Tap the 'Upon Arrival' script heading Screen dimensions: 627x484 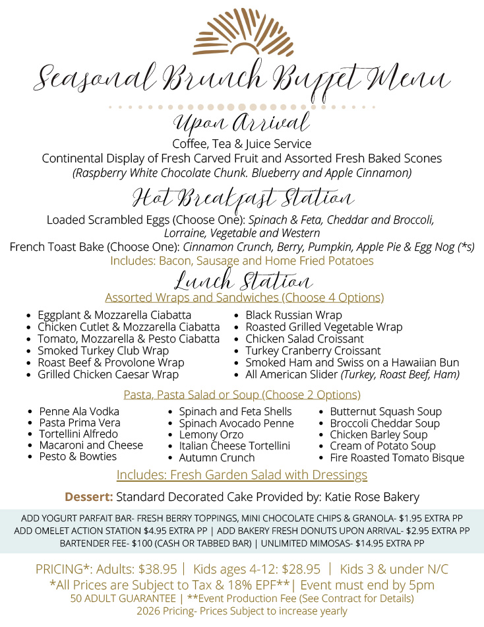241,123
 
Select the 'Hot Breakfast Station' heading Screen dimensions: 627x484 243,198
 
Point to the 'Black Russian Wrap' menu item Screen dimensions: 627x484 293,315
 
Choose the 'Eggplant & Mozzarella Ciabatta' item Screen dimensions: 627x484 114,315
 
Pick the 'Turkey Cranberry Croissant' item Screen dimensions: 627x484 313,350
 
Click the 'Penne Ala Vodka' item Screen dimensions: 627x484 79,411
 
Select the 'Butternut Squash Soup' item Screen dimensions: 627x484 386,411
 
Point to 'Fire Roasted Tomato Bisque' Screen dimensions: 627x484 397,457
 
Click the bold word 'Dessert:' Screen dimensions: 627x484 89,496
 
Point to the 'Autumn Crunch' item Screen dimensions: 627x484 216,457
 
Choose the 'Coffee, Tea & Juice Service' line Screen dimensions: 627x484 242,143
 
